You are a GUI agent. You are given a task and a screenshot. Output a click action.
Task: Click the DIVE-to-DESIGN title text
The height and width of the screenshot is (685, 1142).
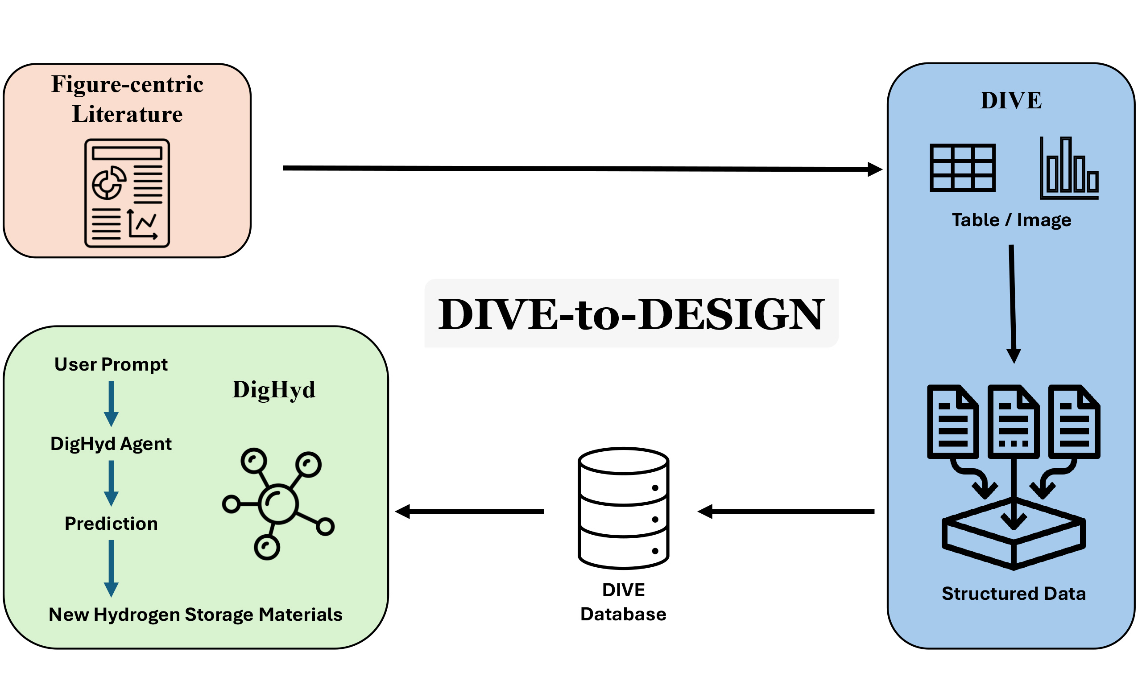[631, 314]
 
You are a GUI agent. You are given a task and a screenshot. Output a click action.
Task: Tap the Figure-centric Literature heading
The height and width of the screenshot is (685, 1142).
[127, 99]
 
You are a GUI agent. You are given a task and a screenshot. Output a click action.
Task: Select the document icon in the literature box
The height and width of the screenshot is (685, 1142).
[127, 193]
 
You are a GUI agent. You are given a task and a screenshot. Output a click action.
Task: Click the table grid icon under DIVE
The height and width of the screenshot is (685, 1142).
[962, 168]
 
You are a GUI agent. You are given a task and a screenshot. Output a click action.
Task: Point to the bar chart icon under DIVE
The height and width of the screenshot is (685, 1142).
[1068, 169]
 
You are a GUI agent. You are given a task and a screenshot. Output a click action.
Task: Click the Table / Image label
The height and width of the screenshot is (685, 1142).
[1011, 220]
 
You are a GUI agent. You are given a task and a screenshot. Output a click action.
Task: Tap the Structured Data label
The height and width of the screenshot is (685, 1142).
[1014, 594]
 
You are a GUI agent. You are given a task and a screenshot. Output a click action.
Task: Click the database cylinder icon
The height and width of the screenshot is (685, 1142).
[623, 508]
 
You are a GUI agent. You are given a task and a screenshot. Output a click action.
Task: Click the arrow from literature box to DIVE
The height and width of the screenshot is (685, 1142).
[582, 169]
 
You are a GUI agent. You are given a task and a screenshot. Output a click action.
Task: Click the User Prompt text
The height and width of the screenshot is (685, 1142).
[111, 365]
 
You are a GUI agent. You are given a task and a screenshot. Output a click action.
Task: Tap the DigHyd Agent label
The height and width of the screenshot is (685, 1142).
[111, 444]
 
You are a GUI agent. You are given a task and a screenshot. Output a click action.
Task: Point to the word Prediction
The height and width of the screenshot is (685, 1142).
[111, 524]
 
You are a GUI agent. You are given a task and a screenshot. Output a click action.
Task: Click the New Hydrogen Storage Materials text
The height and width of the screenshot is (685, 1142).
[196, 615]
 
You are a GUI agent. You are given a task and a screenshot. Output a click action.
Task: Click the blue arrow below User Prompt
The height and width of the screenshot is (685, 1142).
[111, 404]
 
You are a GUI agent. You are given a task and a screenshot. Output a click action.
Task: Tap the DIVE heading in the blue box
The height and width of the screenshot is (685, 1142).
[1011, 101]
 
